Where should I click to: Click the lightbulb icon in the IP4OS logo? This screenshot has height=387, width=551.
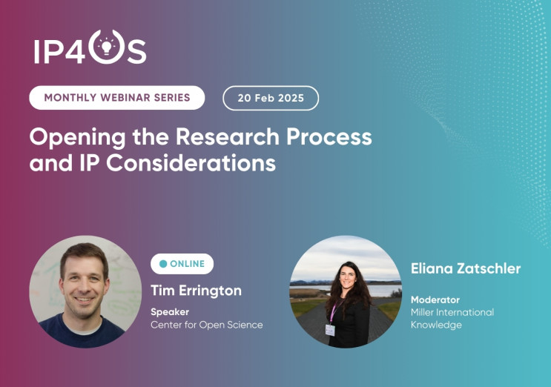click(x=107, y=47)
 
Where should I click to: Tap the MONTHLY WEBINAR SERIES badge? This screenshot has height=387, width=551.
click(x=117, y=98)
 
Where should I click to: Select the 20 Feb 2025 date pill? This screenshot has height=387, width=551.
click(x=271, y=98)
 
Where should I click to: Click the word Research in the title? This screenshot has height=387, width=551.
click(x=228, y=136)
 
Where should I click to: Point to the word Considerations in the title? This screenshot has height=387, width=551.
click(x=191, y=163)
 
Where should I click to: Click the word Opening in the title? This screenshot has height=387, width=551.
click(x=78, y=138)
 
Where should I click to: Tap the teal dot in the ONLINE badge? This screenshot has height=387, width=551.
click(x=163, y=264)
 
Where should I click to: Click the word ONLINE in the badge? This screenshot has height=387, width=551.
click(x=188, y=264)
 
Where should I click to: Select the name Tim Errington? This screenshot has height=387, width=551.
click(x=196, y=291)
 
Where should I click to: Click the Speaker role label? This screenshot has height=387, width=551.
click(x=170, y=312)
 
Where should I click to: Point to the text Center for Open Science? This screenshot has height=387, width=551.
click(x=207, y=325)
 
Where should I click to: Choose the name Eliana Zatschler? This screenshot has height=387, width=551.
click(x=466, y=268)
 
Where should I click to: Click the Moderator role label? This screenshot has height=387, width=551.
click(x=435, y=300)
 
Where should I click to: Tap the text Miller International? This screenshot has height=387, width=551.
click(x=452, y=312)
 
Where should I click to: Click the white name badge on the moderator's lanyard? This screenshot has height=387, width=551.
click(x=330, y=330)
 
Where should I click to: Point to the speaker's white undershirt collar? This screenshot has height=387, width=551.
click(x=85, y=330)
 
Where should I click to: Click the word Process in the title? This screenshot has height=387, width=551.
click(x=329, y=136)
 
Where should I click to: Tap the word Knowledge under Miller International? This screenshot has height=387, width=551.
click(x=436, y=325)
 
